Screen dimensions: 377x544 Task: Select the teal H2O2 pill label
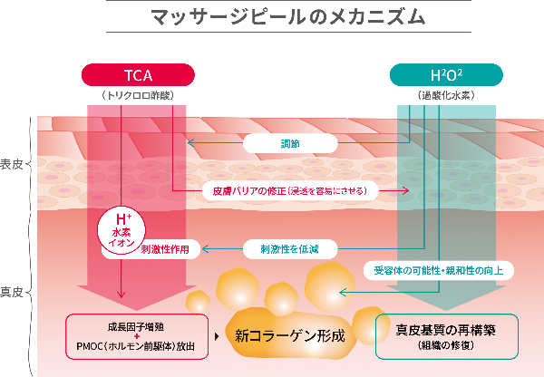[x=447, y=73]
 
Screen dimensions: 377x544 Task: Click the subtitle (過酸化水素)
[x=447, y=93]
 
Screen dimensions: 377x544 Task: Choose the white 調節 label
[x=290, y=143]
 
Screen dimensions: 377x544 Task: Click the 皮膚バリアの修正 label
[x=289, y=191]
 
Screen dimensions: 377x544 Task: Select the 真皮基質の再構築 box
[x=446, y=335]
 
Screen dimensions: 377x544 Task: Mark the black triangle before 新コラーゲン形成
[x=216, y=336]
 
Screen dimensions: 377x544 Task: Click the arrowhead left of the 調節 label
[x=189, y=143]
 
